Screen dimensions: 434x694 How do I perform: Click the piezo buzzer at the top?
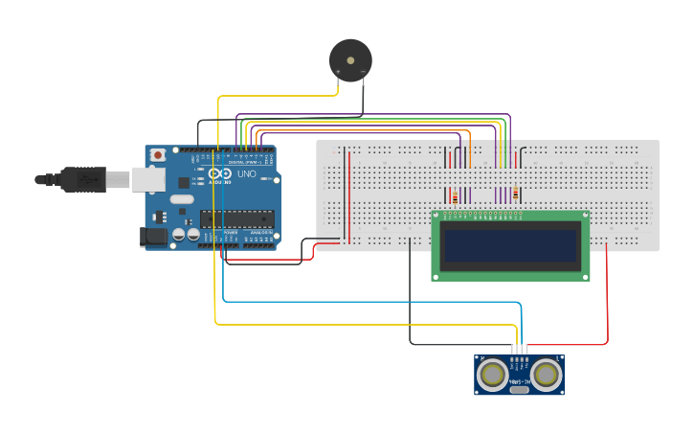(349, 59)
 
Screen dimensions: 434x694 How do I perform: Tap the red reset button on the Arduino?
(157, 154)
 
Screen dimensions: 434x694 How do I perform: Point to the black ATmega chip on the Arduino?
(236, 219)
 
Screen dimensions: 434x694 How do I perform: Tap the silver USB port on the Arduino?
(147, 178)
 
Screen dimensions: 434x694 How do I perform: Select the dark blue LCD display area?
(510, 245)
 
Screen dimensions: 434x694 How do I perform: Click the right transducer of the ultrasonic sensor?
(547, 375)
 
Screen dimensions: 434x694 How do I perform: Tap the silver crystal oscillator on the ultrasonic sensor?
(520, 388)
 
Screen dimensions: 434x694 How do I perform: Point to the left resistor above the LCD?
(455, 195)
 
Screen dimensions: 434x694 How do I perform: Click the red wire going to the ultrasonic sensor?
(607, 297)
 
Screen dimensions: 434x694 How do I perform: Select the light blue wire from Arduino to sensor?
(373, 302)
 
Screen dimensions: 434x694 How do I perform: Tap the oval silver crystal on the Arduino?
(182, 200)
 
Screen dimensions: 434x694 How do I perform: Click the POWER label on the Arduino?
(230, 233)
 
